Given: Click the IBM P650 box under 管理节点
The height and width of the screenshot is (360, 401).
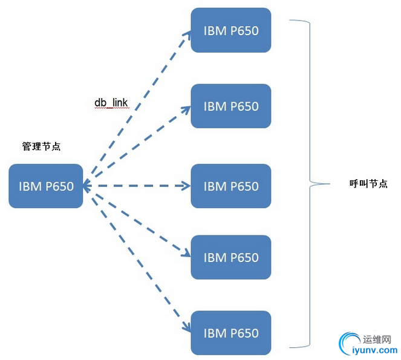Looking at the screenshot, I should (x=46, y=186).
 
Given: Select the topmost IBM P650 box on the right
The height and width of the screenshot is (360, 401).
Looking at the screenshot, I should (x=230, y=30).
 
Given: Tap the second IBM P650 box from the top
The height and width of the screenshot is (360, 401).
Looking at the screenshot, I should (x=230, y=106).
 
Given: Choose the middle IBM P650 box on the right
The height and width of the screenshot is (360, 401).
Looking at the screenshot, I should (x=230, y=186).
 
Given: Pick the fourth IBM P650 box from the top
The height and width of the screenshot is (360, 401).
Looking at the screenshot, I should (x=230, y=257).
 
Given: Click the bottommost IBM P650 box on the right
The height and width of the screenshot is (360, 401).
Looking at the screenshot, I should (x=230, y=332).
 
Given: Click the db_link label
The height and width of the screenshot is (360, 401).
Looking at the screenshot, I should (x=111, y=102).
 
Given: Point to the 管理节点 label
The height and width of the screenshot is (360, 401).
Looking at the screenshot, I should (x=41, y=146).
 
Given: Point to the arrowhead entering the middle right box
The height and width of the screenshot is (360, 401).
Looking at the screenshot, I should (x=186, y=186).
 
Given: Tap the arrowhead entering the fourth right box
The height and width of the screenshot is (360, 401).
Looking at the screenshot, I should (x=186, y=254).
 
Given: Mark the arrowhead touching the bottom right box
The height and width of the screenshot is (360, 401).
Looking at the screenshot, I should (x=187, y=329).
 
